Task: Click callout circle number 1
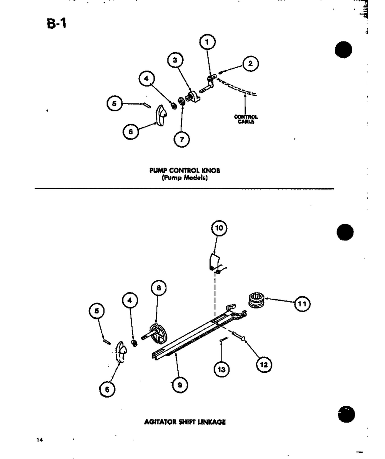point(207,42)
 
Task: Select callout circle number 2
point(250,63)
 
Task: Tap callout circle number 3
point(175,60)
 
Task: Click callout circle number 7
point(182,139)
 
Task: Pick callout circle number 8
point(159,288)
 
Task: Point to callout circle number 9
point(180,385)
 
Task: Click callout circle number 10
point(219,228)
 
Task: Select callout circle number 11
point(302,304)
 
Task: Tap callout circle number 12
point(264,365)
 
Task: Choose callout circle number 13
point(222,370)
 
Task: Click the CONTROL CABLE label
point(246,119)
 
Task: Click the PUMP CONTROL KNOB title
point(185,170)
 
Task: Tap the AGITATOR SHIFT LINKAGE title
point(185,422)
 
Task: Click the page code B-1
point(57,23)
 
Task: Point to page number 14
point(40,440)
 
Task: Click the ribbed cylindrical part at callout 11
point(257,300)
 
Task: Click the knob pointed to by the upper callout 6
point(160,115)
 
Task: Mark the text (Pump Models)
point(185,178)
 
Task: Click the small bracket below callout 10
point(214,262)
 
